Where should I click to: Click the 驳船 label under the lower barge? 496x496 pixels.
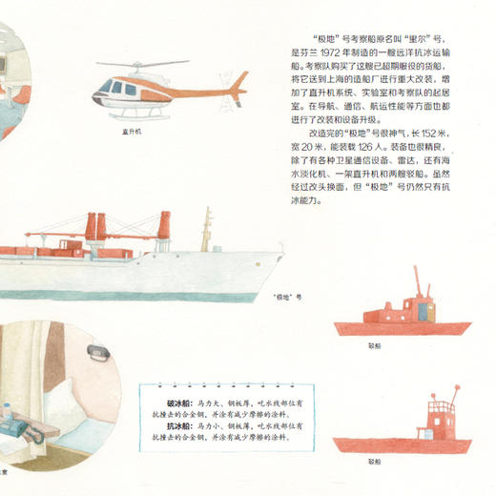point(374,460)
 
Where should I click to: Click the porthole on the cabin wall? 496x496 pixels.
point(95,352)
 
